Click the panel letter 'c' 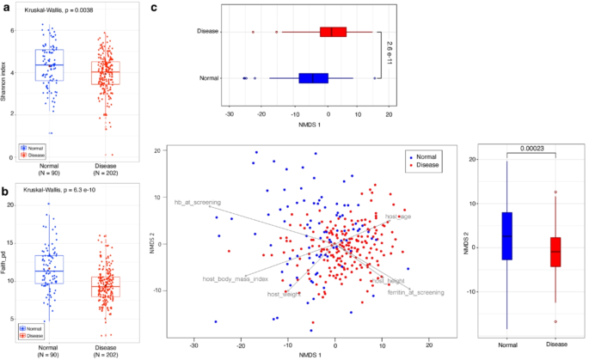coord(154,8)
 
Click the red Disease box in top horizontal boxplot coord(333,32)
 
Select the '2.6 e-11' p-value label coord(389,55)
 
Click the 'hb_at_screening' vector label coord(198,202)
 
